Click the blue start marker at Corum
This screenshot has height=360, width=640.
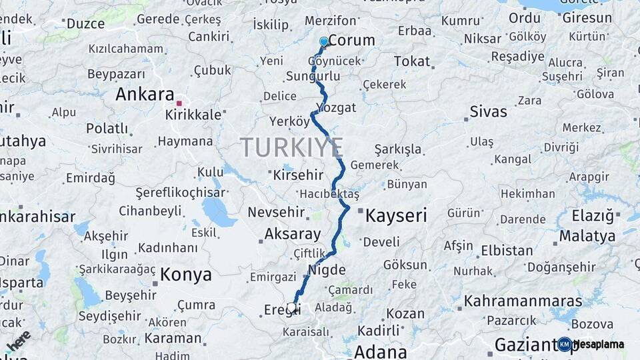324,41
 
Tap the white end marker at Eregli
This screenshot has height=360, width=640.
291,307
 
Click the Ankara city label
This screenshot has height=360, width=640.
145,94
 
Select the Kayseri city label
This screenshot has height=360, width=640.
396,215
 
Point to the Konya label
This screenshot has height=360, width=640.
186,274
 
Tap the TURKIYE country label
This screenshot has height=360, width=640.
292,147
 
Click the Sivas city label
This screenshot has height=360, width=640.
488,111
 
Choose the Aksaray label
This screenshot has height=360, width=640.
293,233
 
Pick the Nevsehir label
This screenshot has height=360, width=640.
276,213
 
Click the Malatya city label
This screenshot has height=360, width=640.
587,236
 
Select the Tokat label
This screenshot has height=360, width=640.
412,61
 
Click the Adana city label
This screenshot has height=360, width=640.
381,351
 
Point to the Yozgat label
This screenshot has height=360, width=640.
336,107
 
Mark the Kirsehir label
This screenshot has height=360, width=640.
298,175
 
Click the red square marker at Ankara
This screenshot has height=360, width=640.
179,103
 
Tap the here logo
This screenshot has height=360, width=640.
19,341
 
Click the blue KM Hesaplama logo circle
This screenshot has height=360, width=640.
565,344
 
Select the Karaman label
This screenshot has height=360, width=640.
173,338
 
